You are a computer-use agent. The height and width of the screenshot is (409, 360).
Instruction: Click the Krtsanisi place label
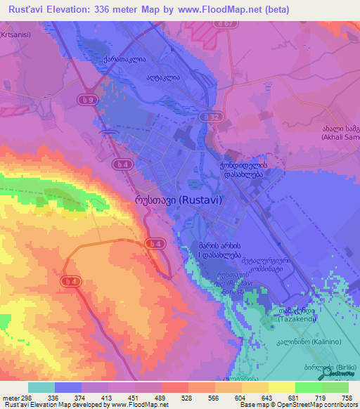[x=15, y=34]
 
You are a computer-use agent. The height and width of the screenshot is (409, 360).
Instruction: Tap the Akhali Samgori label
[x=340, y=134]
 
